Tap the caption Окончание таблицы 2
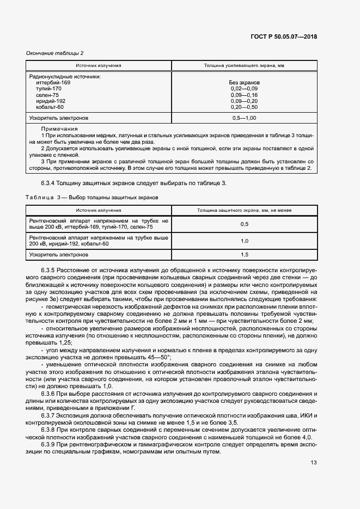55,53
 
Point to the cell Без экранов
244,82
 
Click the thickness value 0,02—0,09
244,88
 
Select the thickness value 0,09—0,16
244,95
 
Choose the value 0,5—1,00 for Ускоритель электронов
244,118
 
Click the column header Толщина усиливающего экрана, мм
244,65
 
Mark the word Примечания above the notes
56,127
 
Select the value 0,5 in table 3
244,224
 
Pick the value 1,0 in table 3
244,241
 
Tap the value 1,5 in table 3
244,254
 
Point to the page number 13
313,462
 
